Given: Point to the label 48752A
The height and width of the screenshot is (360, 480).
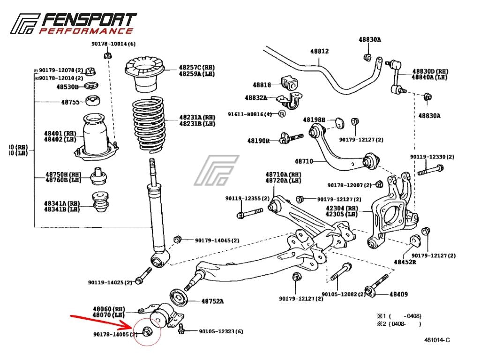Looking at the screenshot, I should coord(213,301).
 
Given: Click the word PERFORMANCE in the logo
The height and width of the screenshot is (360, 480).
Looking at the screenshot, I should coord(86,31).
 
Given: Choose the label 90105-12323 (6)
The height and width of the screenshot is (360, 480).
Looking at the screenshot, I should coord(221,331).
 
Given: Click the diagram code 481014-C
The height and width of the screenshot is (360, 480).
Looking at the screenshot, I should coord(437,340).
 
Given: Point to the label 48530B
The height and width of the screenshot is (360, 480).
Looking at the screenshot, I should coord(67,87).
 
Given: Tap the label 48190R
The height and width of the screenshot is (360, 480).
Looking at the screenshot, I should coord(259,140).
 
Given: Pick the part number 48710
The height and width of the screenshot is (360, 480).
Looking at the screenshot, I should coord(303,162).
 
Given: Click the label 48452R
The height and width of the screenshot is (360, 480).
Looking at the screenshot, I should coord(405,262).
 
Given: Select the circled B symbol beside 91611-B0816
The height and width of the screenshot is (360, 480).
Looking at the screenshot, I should coord(282,113).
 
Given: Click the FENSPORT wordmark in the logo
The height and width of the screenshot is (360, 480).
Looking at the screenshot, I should coord(89,20).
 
